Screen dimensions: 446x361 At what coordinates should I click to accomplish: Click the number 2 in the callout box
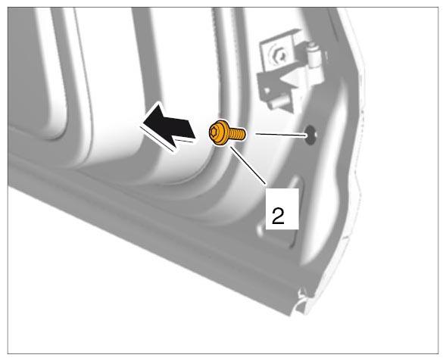point(278,216)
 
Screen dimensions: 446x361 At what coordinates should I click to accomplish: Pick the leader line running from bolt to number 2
point(248,165)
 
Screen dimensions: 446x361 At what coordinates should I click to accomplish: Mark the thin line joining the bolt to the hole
point(281,134)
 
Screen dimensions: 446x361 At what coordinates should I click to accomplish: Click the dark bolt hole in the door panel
point(310,134)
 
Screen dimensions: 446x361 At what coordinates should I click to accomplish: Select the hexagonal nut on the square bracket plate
point(277,54)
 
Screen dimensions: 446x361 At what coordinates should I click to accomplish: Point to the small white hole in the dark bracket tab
point(267,92)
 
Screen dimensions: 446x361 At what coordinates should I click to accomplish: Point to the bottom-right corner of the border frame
point(438,354)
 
